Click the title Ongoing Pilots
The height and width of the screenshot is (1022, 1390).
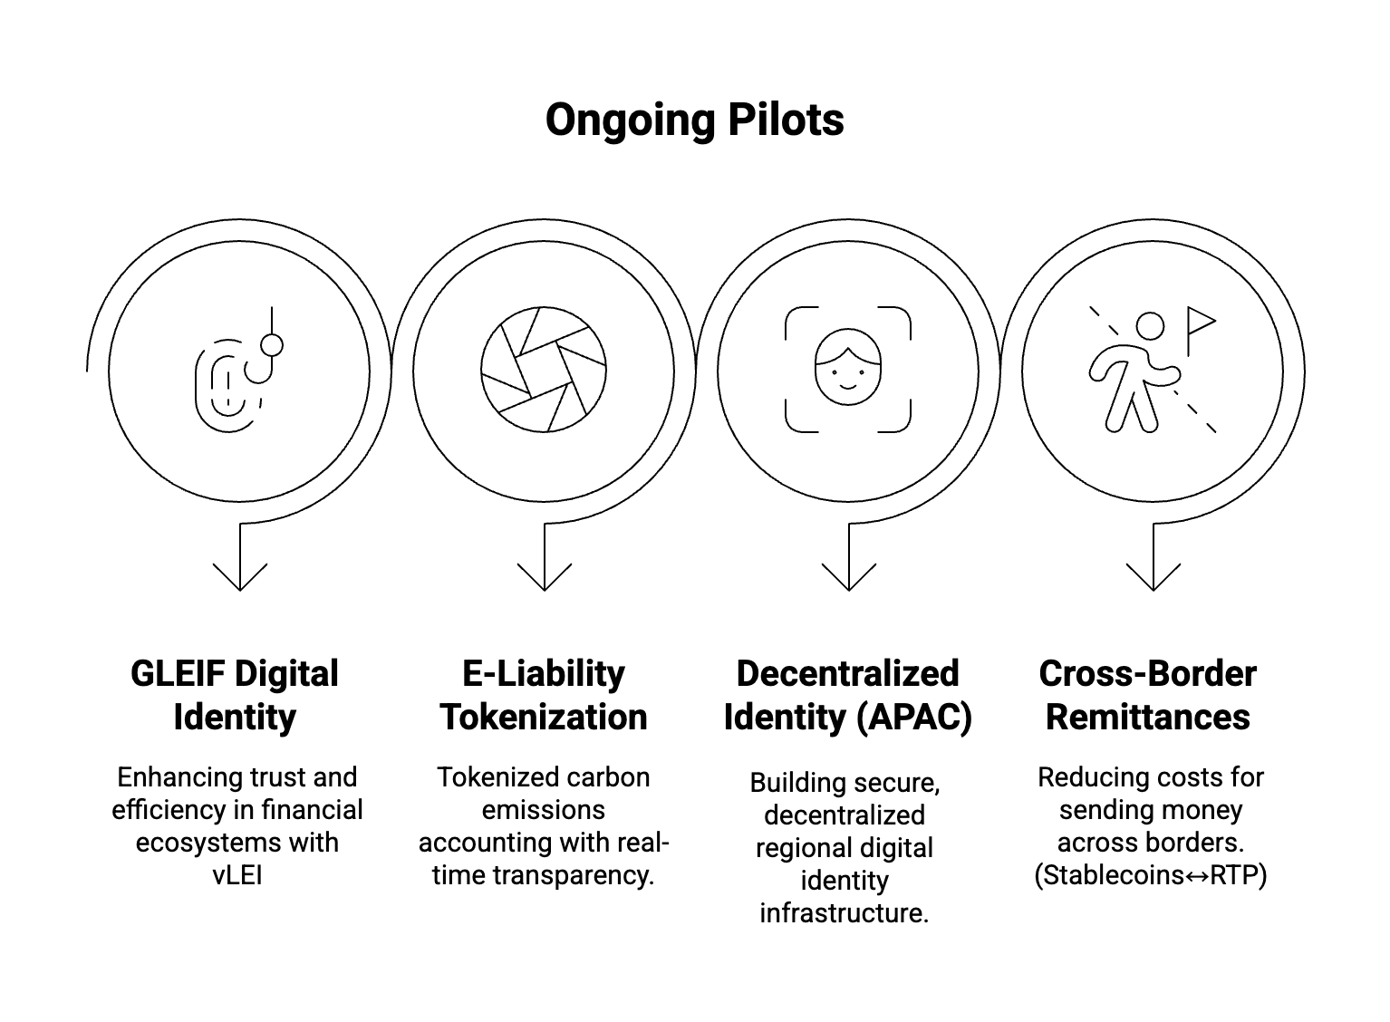[x=694, y=120]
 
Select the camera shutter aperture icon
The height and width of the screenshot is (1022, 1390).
[x=544, y=370]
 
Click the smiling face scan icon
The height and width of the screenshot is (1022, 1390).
[x=847, y=370]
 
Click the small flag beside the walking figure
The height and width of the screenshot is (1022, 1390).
[x=1200, y=324]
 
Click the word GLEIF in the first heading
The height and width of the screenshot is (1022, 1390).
[x=177, y=674]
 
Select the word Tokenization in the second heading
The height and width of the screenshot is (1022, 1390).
[x=544, y=717]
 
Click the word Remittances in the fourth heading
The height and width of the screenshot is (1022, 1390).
[x=1148, y=717]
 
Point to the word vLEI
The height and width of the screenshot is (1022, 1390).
[x=237, y=875]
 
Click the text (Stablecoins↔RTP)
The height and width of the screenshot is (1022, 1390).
[x=1150, y=875]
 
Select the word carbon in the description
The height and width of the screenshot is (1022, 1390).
[x=606, y=777]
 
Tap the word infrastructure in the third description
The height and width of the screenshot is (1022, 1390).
[x=844, y=912]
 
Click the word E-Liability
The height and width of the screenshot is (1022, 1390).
[x=544, y=674]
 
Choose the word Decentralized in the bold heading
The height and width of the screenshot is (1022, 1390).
[x=847, y=674]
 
